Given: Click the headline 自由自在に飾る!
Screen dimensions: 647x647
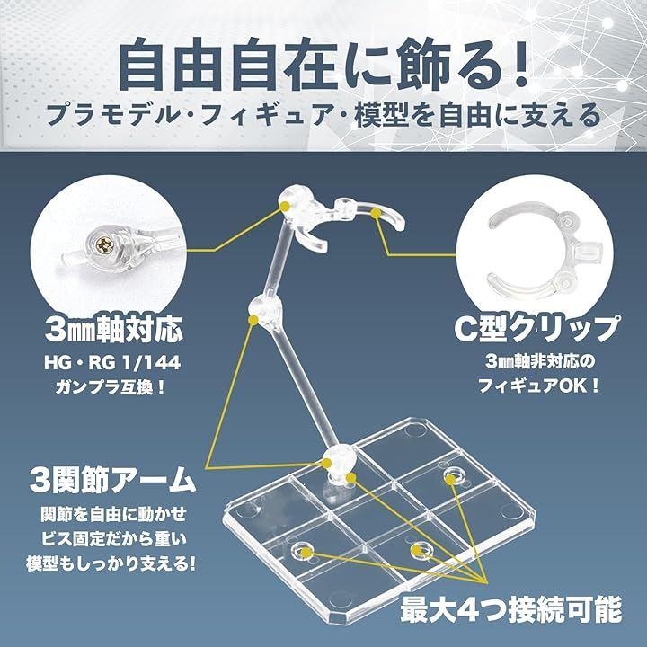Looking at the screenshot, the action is pyautogui.click(x=323, y=66).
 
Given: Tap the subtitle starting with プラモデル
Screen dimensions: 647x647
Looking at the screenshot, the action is pyautogui.click(x=323, y=116).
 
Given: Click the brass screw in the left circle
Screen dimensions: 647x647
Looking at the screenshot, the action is pyautogui.click(x=102, y=246).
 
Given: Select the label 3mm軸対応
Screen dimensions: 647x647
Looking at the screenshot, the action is pyautogui.click(x=113, y=330).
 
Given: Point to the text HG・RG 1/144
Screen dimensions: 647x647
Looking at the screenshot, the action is pyautogui.click(x=112, y=363).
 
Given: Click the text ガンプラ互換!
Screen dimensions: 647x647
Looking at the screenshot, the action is pyautogui.click(x=111, y=387).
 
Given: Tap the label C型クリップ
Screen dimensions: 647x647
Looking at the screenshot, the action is pyautogui.click(x=536, y=329).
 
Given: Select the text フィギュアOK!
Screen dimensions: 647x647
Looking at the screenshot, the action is pyautogui.click(x=538, y=386).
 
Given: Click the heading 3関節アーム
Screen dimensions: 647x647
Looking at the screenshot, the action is pyautogui.click(x=112, y=480).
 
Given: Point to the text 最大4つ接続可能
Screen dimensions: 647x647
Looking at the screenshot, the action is pyautogui.click(x=510, y=610).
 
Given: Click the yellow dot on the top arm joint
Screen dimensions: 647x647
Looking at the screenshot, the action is pyautogui.click(x=285, y=206).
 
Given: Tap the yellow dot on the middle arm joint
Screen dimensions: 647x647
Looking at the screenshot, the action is pyautogui.click(x=253, y=320).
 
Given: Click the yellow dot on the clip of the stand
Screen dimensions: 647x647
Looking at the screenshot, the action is pyautogui.click(x=376, y=213).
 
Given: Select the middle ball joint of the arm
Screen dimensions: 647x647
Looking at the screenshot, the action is pyautogui.click(x=266, y=310).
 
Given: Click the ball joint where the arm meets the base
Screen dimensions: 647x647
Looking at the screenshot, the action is pyautogui.click(x=339, y=460).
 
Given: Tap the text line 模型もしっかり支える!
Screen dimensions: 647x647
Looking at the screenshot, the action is pyautogui.click(x=111, y=564).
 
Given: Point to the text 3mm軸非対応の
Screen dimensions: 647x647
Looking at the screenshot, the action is pyautogui.click(x=541, y=362).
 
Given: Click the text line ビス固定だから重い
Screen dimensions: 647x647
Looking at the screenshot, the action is pyautogui.click(x=113, y=539).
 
